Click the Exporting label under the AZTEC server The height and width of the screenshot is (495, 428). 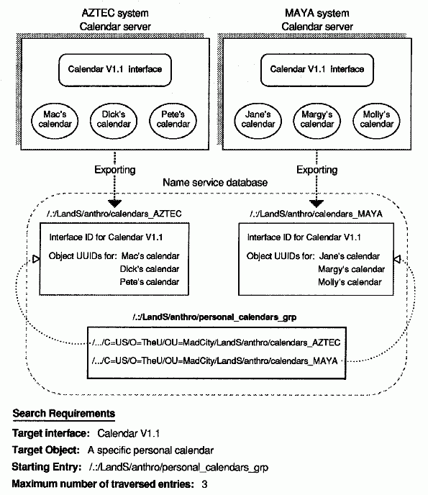(x=115, y=170)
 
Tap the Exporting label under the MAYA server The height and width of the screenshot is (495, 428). (x=317, y=170)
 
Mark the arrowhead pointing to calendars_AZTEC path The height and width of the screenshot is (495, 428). (x=114, y=204)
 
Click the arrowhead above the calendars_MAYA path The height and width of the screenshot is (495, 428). (x=317, y=204)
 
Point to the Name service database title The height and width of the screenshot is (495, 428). (x=215, y=183)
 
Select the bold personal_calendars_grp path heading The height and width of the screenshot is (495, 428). (x=214, y=317)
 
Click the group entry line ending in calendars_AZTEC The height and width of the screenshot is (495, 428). (x=217, y=342)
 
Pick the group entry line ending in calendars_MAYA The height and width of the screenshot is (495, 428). (x=214, y=361)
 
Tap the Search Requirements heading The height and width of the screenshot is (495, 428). (x=64, y=414)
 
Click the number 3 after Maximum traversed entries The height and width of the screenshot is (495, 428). (x=204, y=484)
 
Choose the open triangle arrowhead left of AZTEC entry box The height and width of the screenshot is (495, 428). (x=36, y=259)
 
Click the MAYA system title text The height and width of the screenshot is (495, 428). (x=317, y=13)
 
